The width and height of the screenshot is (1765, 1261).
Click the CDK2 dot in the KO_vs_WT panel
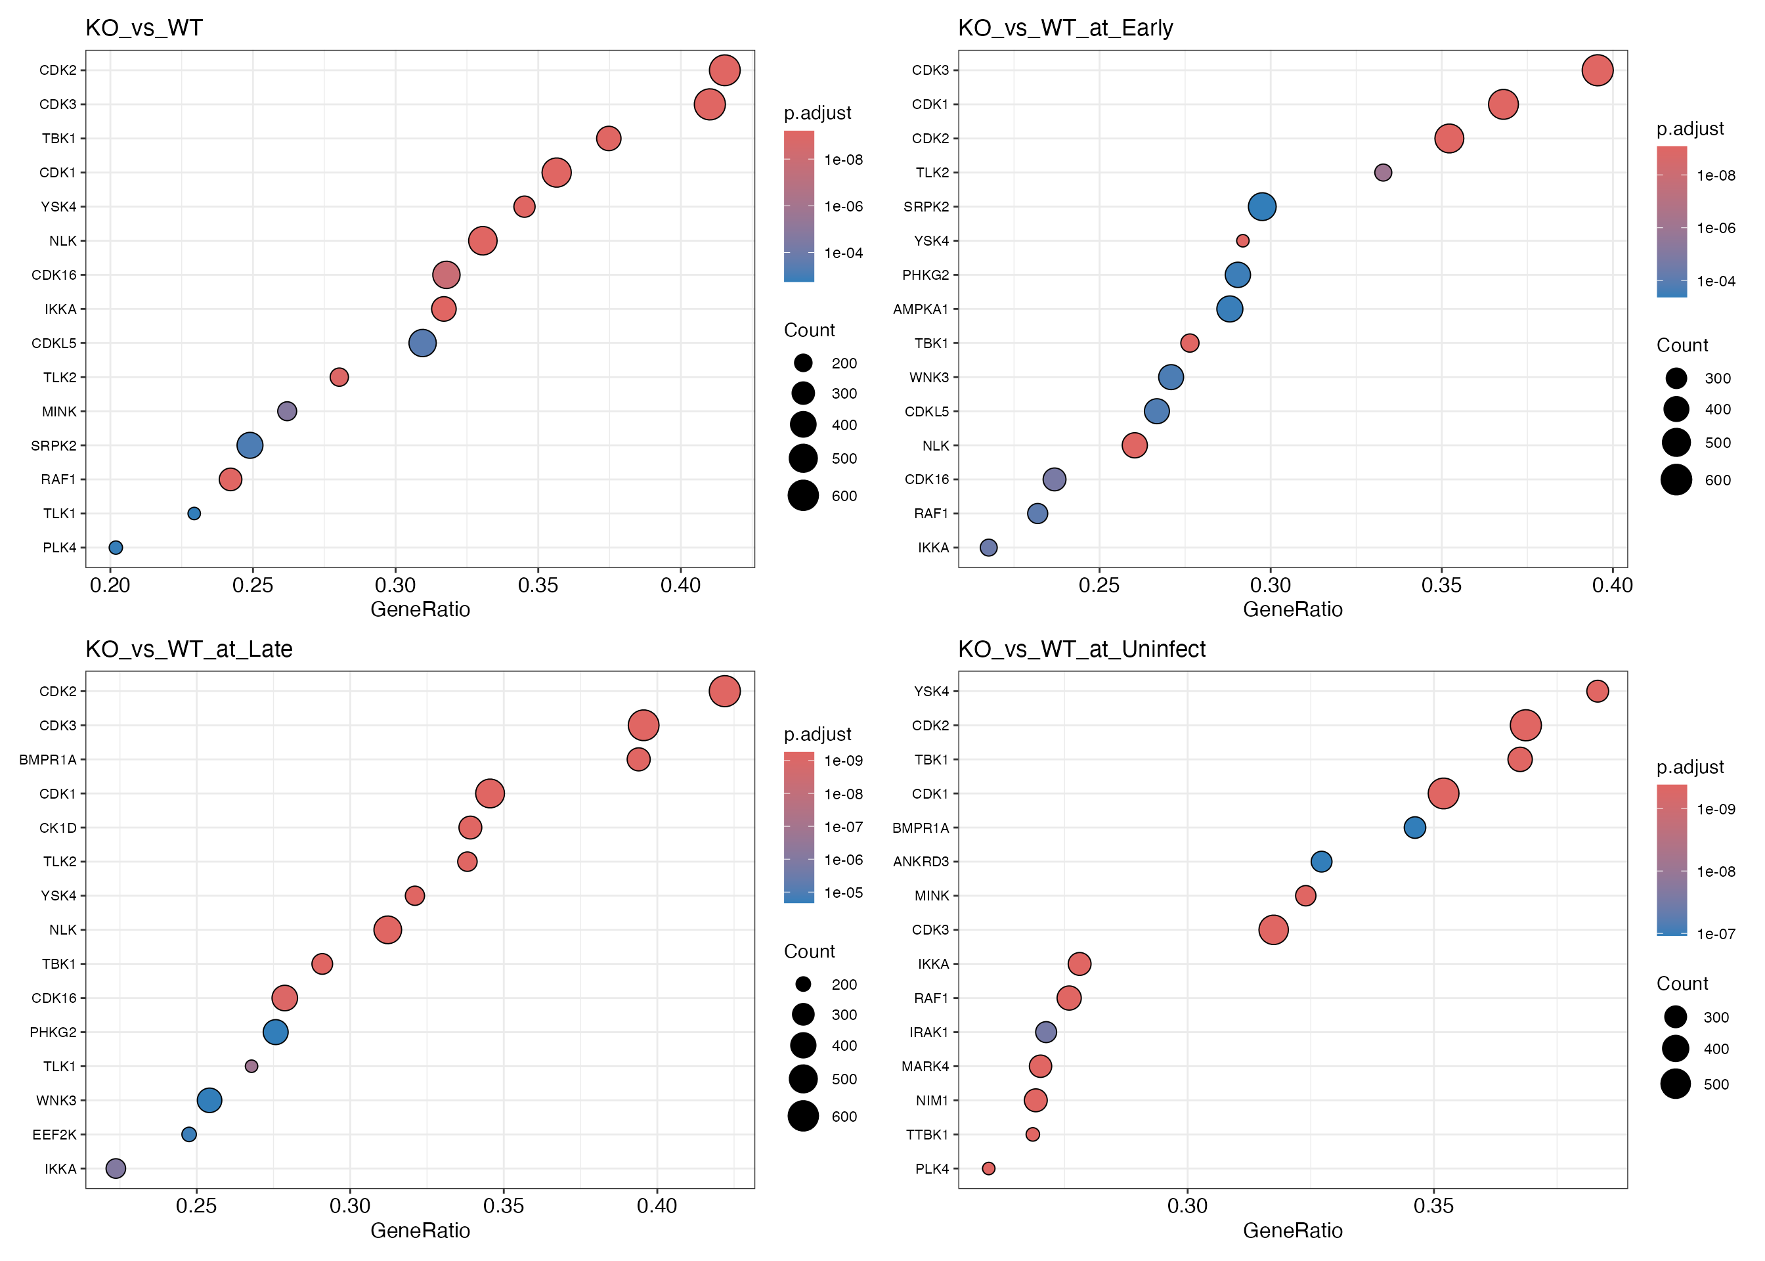[x=724, y=70]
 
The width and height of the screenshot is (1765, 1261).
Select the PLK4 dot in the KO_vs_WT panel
[x=116, y=547]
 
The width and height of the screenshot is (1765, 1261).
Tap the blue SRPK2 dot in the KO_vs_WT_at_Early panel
[x=1262, y=206]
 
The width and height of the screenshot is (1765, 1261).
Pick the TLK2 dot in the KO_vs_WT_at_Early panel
[x=1382, y=172]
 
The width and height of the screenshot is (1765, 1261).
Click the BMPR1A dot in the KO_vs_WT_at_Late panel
[x=638, y=759]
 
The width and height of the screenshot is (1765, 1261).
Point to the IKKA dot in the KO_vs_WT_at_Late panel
[x=116, y=1168]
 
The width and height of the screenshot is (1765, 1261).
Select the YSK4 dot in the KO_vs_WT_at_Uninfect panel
[x=1596, y=691]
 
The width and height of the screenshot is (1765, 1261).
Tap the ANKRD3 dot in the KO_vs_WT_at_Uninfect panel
[x=1321, y=861]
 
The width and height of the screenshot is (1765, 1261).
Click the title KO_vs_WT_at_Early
[x=1065, y=28]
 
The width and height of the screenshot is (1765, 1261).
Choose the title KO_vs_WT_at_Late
[x=188, y=649]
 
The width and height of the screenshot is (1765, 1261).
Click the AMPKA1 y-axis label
[x=921, y=309]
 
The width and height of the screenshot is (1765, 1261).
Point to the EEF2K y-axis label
[x=54, y=1134]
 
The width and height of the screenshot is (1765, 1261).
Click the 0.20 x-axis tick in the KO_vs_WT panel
[x=110, y=585]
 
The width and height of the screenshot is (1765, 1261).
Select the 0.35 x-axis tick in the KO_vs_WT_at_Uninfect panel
[x=1433, y=1206]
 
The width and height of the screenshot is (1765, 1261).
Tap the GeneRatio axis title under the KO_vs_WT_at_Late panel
[x=420, y=1231]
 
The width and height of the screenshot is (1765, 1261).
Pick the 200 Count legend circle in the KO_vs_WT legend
[x=802, y=363]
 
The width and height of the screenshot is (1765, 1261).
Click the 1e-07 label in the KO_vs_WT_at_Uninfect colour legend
[x=1715, y=934]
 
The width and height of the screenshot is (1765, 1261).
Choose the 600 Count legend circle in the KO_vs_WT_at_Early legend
[x=1676, y=480]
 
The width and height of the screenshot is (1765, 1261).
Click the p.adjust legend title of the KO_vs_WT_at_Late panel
[x=817, y=734]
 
